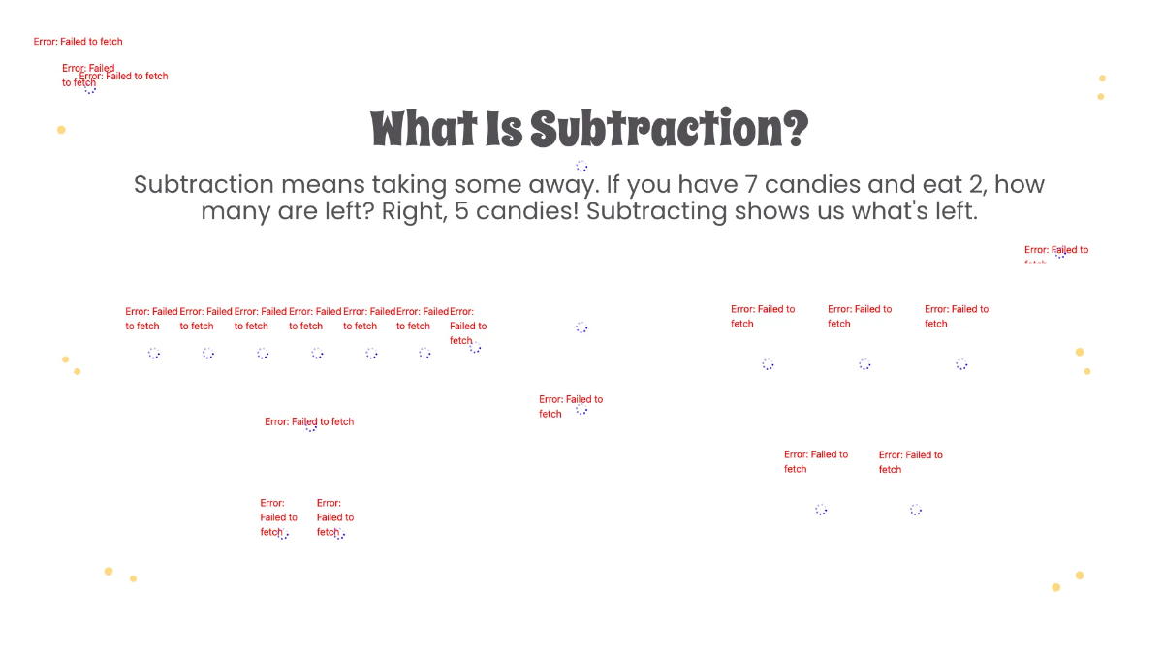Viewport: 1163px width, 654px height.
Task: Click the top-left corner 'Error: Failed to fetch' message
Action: click(78, 42)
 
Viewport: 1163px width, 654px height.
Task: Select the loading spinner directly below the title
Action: click(581, 167)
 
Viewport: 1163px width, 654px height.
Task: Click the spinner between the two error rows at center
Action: click(581, 327)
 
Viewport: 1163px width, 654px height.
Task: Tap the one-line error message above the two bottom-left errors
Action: click(309, 421)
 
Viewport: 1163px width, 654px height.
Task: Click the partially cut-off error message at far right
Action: click(1055, 250)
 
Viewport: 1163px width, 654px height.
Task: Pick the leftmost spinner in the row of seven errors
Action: click(154, 354)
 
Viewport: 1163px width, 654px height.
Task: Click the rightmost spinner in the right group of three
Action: click(961, 364)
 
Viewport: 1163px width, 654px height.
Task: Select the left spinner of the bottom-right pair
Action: click(821, 510)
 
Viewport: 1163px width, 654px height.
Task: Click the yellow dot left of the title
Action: click(61, 130)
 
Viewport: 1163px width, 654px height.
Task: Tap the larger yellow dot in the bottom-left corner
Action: click(109, 572)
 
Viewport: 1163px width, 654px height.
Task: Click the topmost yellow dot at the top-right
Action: click(1102, 78)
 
